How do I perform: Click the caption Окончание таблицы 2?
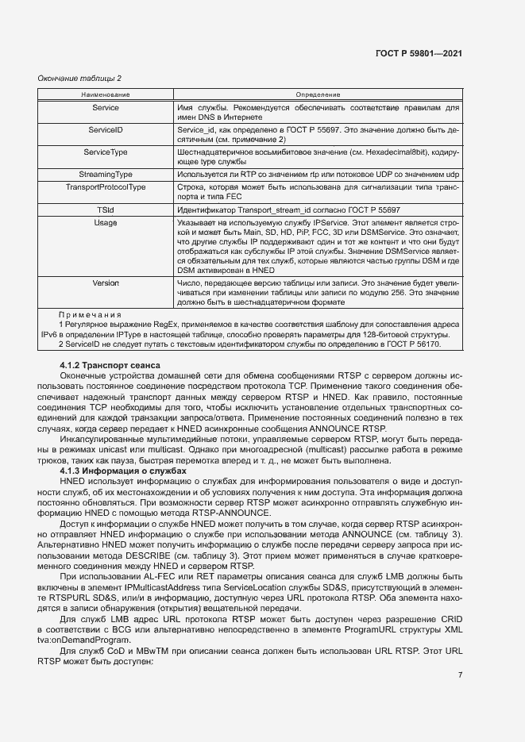click(x=80, y=78)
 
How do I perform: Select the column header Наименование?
click(x=106, y=94)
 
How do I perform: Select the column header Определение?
click(x=318, y=94)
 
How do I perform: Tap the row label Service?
click(x=106, y=107)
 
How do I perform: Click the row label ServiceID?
click(x=106, y=129)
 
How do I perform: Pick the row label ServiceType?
click(x=106, y=151)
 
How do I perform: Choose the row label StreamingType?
click(x=106, y=173)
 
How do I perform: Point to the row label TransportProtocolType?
click(x=106, y=187)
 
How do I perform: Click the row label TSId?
click(x=106, y=210)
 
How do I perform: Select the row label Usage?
click(x=106, y=224)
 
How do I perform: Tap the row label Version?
click(x=106, y=283)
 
